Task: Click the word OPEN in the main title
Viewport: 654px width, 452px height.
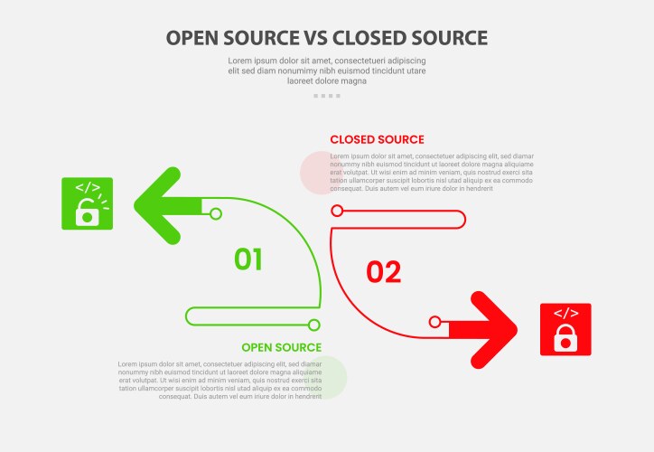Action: pyautogui.click(x=192, y=38)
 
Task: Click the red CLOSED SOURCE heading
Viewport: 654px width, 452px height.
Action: pyautogui.click(x=377, y=139)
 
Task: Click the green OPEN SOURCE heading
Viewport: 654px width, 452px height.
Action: pyautogui.click(x=281, y=347)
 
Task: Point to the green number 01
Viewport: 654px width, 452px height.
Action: pyautogui.click(x=248, y=259)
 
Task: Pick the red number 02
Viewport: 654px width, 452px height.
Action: pyautogui.click(x=384, y=272)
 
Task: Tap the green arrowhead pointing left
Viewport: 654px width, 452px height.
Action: pyautogui.click(x=159, y=205)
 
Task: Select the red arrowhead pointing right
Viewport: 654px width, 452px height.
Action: pyautogui.click(x=491, y=330)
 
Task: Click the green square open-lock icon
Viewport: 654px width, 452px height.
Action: pyautogui.click(x=87, y=203)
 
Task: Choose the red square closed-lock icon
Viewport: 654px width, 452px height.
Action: pyautogui.click(x=565, y=329)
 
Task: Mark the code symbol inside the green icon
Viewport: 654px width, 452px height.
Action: pyautogui.click(x=87, y=188)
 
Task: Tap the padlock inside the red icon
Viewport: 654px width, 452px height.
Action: pyautogui.click(x=565, y=338)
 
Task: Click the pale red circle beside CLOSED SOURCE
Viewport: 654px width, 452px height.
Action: pyautogui.click(x=319, y=173)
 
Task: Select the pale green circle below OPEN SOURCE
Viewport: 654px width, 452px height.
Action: pyautogui.click(x=326, y=377)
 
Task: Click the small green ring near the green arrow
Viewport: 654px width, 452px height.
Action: pyautogui.click(x=215, y=213)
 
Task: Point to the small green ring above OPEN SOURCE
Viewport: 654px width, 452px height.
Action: pyautogui.click(x=314, y=325)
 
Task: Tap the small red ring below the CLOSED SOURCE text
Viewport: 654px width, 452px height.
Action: pyautogui.click(x=337, y=211)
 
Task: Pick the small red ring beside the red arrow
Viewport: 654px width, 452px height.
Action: pyautogui.click(x=434, y=322)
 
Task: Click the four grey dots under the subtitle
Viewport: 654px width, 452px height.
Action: pyautogui.click(x=327, y=95)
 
